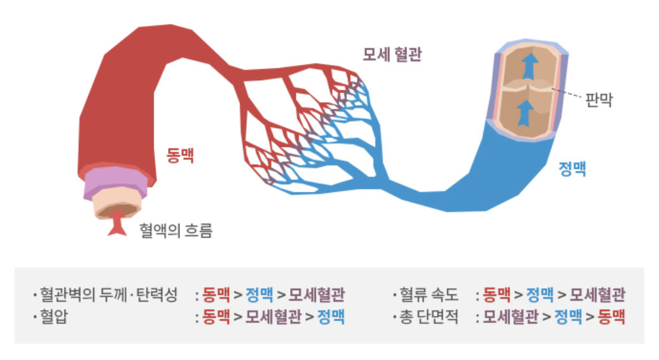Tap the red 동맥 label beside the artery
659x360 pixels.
[181, 155]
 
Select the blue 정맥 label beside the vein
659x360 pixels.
[572, 169]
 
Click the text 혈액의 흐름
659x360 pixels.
[176, 230]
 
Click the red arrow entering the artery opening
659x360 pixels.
[117, 225]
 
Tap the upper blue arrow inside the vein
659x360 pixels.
[527, 66]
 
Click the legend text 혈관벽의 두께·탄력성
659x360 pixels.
[108, 294]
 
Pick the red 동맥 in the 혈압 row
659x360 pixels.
[216, 316]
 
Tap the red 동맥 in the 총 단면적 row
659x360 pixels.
[611, 316]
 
